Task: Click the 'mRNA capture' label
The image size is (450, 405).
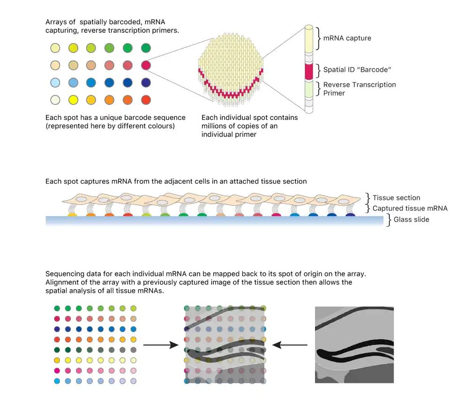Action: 347,38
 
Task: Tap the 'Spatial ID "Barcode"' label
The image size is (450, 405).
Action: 357,70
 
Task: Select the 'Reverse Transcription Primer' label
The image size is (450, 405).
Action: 360,89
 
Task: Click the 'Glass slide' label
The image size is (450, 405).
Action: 411,219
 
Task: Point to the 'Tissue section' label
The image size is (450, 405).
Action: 396,198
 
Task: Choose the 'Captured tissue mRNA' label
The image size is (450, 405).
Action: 410,208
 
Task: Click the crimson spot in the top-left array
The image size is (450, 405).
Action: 146,65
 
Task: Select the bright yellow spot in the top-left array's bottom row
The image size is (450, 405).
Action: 73,100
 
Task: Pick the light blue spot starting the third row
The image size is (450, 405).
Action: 55,82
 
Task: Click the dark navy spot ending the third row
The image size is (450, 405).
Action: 146,82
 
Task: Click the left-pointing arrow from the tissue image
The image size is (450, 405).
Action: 290,345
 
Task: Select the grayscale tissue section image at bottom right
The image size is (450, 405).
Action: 354,345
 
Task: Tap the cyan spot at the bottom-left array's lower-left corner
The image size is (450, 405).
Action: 57,381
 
